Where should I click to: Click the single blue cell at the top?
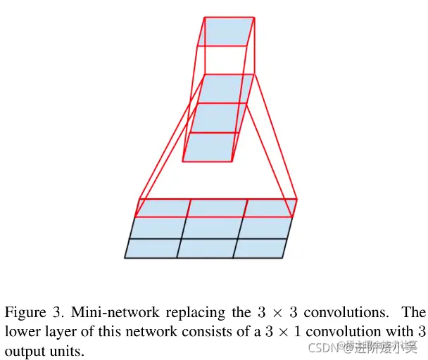[225, 32]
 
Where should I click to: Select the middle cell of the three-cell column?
[219, 117]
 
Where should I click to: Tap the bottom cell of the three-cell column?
[214, 146]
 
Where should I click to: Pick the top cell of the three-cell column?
[225, 89]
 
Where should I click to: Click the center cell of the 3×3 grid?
[213, 228]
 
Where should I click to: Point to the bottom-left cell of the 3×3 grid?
[152, 248]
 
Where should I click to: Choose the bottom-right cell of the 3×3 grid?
[260, 248]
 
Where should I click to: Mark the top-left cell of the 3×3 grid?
[163, 208]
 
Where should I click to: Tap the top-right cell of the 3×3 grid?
[270, 208]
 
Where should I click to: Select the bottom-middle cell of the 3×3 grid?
[206, 248]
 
